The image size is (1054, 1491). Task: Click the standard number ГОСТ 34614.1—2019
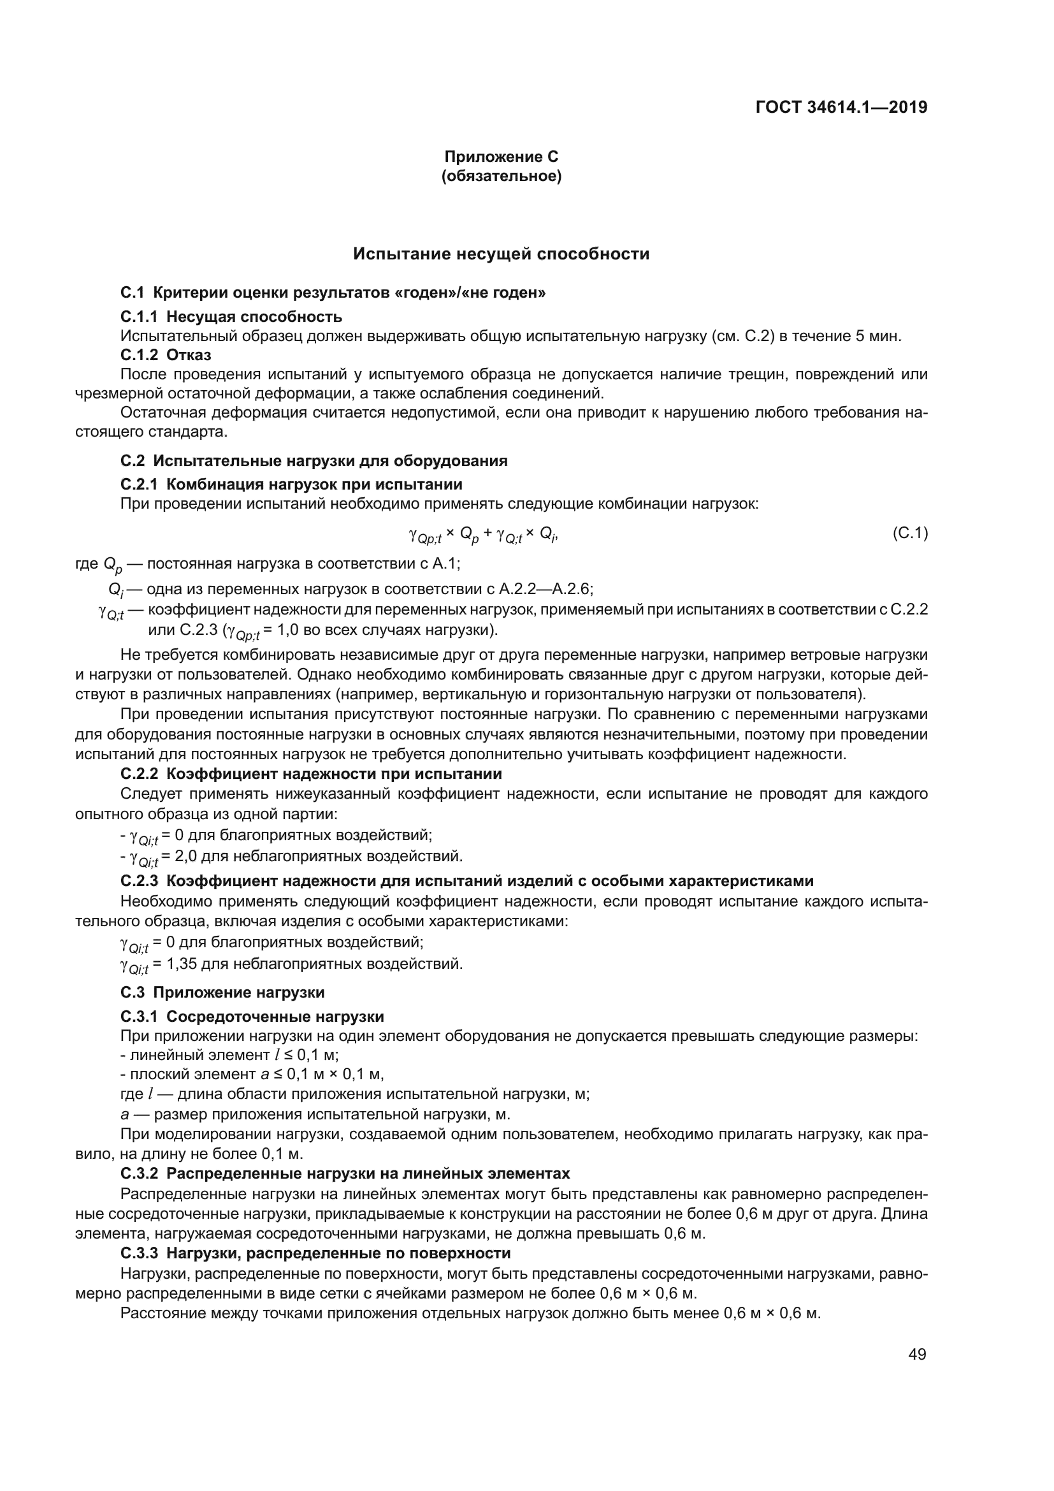click(x=841, y=107)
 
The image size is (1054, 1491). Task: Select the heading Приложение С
click(x=501, y=157)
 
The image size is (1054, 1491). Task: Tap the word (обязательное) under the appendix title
click(x=501, y=176)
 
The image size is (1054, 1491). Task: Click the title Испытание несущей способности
click(x=501, y=254)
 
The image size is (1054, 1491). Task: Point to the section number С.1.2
click(x=139, y=355)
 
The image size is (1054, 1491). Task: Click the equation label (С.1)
click(x=910, y=534)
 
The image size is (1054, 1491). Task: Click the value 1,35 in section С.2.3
click(x=182, y=964)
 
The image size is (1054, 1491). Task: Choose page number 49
click(x=917, y=1355)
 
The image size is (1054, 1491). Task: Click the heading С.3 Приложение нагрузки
click(x=222, y=993)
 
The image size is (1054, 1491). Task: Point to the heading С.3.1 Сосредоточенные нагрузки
click(x=252, y=1017)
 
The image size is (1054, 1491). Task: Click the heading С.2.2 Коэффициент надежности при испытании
click(x=312, y=774)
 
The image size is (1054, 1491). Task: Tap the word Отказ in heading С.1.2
click(x=188, y=355)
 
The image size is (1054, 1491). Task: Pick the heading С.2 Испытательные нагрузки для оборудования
click(x=314, y=461)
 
